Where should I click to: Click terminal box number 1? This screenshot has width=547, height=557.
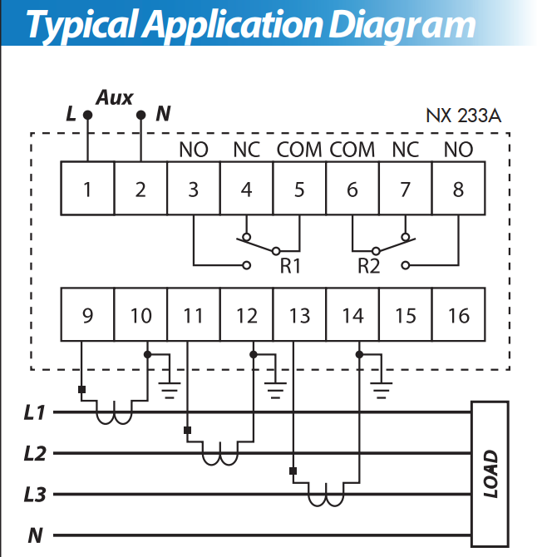[87, 188]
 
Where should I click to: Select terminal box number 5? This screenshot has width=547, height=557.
[299, 188]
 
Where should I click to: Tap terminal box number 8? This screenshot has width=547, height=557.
[459, 188]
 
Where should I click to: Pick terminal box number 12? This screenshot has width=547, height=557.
[247, 315]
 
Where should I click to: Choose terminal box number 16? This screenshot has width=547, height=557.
[459, 315]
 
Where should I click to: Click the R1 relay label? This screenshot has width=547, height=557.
[290, 266]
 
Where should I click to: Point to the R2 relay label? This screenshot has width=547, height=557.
[369, 266]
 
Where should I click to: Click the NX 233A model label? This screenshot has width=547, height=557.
[464, 116]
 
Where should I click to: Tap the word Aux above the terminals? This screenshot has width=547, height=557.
[115, 97]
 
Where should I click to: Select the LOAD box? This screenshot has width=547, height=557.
[490, 474]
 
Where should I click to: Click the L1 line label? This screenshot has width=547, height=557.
[34, 413]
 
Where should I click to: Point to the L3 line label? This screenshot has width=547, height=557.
[35, 495]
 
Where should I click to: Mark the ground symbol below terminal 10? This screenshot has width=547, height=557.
[170, 390]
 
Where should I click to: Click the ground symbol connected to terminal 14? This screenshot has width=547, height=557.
[381, 390]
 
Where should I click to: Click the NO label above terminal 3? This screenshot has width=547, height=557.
[194, 150]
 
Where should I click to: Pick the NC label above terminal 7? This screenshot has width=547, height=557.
[406, 150]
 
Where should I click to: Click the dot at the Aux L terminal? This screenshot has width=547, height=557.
[88, 115]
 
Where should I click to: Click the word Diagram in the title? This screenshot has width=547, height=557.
[402, 25]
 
